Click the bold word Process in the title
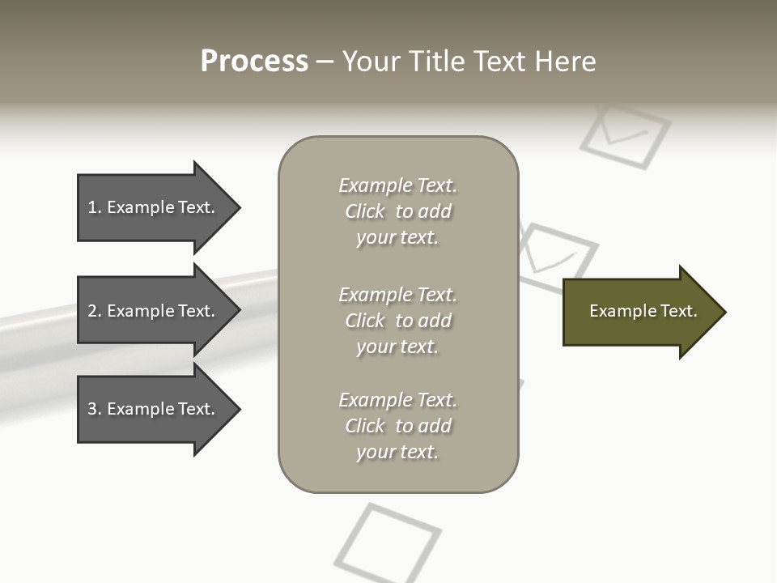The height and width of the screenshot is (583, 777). tap(254, 62)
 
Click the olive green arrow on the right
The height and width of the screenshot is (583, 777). tap(639, 312)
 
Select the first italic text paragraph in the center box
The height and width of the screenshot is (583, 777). tap(397, 211)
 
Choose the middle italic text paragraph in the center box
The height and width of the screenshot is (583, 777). tap(397, 321)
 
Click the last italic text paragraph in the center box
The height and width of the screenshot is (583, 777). tap(397, 426)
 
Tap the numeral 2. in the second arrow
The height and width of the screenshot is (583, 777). tap(95, 311)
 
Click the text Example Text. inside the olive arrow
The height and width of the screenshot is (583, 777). tap(643, 311)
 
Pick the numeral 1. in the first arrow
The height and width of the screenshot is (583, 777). tap(95, 207)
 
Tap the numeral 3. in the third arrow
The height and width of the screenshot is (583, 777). tap(95, 409)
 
